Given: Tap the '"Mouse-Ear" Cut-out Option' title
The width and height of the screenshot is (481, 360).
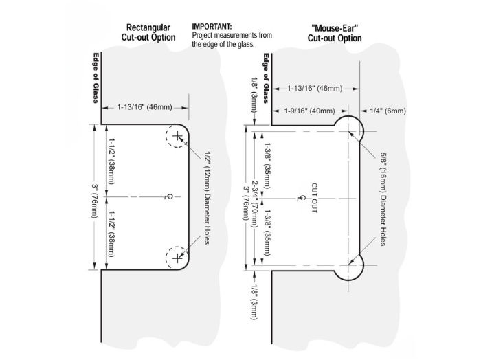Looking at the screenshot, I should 335,33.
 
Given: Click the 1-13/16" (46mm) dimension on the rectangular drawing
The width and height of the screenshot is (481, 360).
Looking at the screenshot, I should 144,107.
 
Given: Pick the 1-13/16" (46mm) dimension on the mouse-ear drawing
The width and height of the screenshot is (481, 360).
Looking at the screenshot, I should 315,88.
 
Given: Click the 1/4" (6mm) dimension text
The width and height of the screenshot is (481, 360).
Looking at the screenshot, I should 388,111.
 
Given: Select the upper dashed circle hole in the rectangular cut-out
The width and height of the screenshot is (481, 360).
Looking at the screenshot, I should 178,139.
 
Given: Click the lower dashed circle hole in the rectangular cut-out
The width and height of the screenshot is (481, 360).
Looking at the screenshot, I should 178,258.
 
